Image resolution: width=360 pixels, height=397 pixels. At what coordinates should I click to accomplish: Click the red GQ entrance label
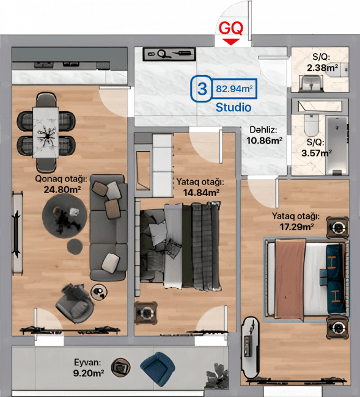[231, 28]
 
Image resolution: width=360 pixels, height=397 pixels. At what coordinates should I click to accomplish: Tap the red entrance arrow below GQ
[230, 41]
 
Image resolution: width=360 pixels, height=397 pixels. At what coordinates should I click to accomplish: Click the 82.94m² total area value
[234, 90]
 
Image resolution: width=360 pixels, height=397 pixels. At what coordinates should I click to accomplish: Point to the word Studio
[233, 107]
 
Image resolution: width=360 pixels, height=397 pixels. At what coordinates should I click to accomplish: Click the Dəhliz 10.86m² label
[263, 135]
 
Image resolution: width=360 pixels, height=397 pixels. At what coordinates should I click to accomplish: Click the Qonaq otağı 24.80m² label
[62, 184]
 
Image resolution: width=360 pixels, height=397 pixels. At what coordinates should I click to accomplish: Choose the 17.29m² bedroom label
[296, 221]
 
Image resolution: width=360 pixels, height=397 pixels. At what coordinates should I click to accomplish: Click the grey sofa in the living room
[108, 227]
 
